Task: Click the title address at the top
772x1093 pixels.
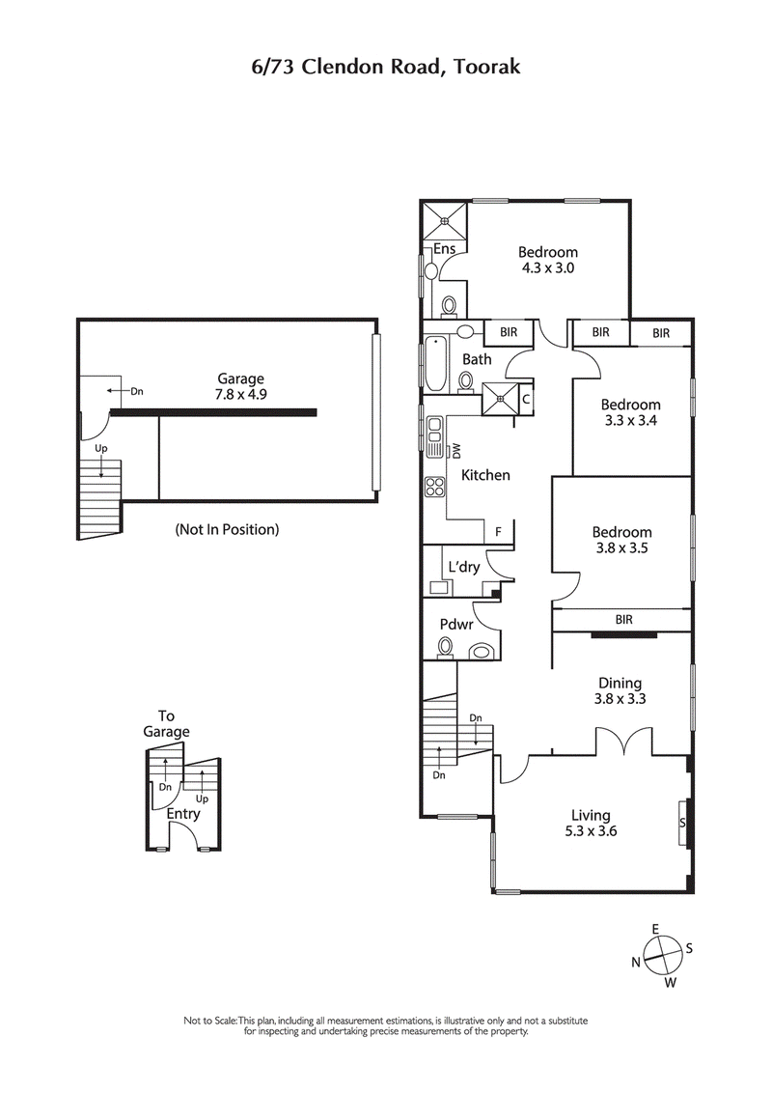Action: click(x=385, y=67)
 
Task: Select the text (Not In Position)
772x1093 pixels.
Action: click(x=227, y=529)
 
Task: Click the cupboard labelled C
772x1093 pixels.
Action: click(x=526, y=396)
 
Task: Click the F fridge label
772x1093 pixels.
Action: click(x=498, y=531)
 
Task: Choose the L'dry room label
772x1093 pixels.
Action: click(x=463, y=567)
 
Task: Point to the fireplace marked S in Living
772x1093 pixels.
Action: click(x=683, y=823)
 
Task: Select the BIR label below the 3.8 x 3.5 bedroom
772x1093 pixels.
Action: click(x=623, y=620)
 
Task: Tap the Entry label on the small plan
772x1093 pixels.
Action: click(x=182, y=814)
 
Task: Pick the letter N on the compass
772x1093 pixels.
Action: click(x=636, y=962)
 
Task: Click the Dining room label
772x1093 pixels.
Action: click(x=619, y=684)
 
